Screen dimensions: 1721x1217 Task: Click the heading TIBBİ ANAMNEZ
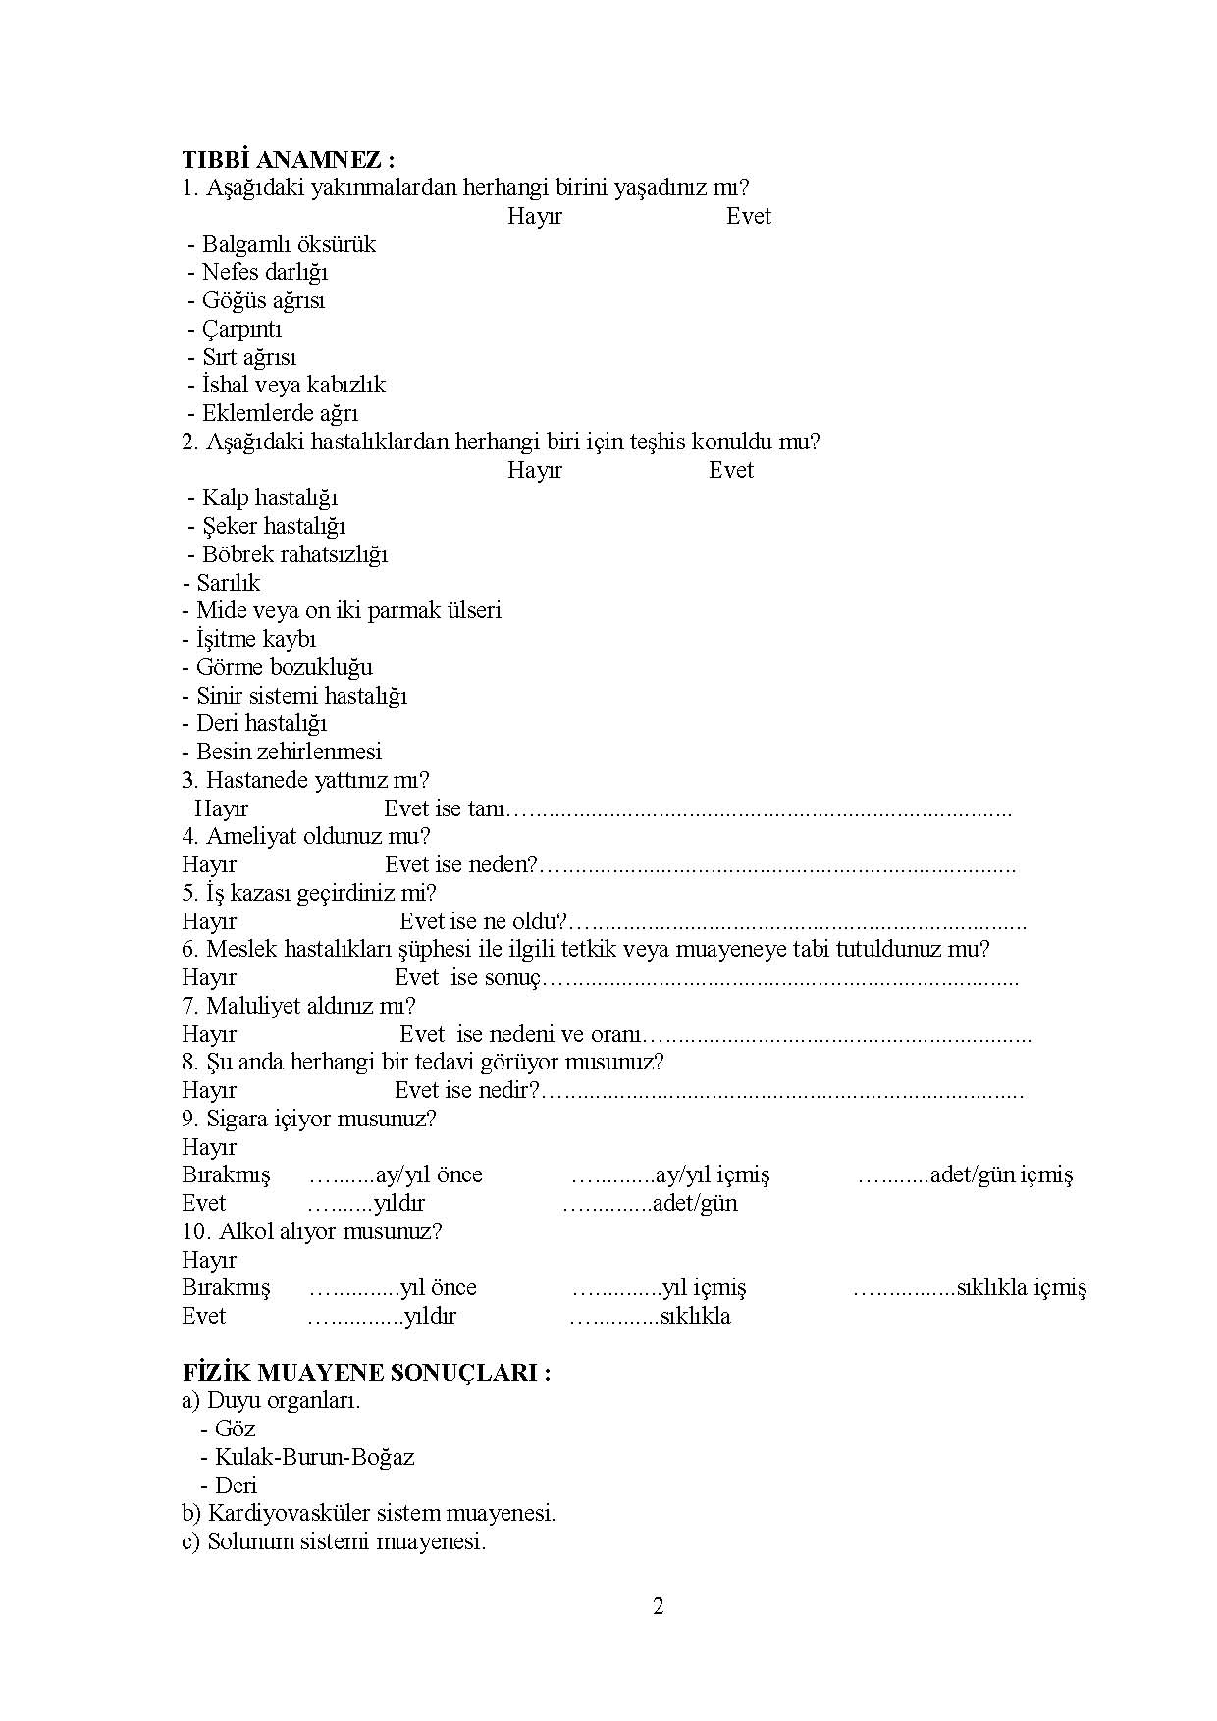(289, 160)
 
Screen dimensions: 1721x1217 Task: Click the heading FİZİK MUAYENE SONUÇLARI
(366, 1373)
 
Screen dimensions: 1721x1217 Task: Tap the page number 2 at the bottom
(658, 1607)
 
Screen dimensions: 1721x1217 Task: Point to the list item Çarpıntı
(241, 329)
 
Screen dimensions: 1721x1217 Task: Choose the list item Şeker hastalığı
(274, 526)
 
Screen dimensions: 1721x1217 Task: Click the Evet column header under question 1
(748, 217)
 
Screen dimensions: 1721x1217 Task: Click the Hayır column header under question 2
(535, 470)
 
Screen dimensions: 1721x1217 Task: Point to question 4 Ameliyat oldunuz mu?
(306, 836)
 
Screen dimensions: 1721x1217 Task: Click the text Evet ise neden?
(460, 865)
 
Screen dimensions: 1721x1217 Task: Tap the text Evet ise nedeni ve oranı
(522, 1034)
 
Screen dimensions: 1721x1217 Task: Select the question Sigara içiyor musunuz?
(309, 1119)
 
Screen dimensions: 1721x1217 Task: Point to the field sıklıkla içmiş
(1021, 1288)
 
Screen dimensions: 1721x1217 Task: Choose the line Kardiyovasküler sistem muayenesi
(369, 1513)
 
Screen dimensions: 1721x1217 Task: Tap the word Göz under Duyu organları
(236, 1429)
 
